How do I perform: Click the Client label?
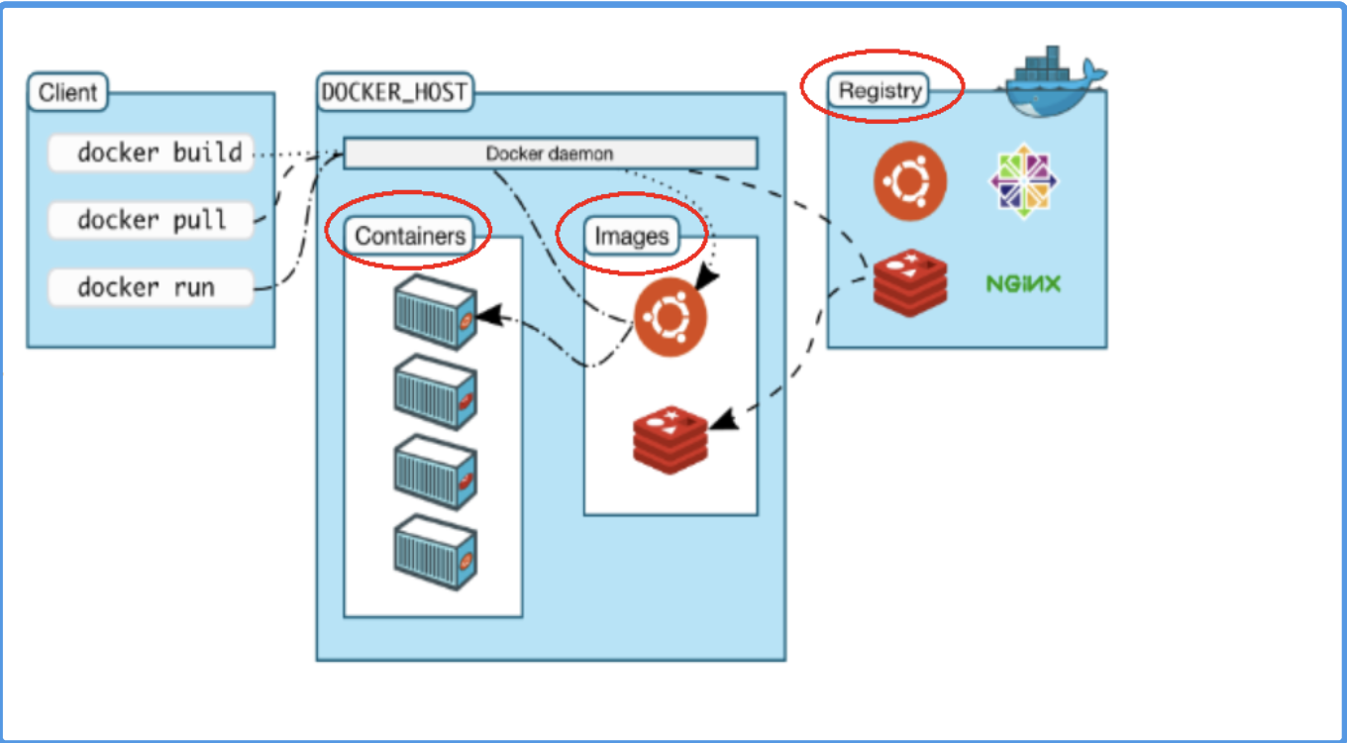(x=67, y=93)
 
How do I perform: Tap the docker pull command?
(x=151, y=219)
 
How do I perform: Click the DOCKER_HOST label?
(x=394, y=92)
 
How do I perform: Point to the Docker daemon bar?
(x=550, y=154)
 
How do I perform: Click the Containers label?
(x=410, y=236)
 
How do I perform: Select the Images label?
(x=632, y=237)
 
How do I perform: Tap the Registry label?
(x=880, y=91)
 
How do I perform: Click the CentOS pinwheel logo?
(x=1023, y=181)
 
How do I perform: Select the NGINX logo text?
(x=1023, y=284)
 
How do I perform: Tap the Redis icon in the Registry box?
(x=909, y=282)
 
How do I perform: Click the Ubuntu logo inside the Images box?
(x=671, y=317)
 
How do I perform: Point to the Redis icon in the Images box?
(x=671, y=436)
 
